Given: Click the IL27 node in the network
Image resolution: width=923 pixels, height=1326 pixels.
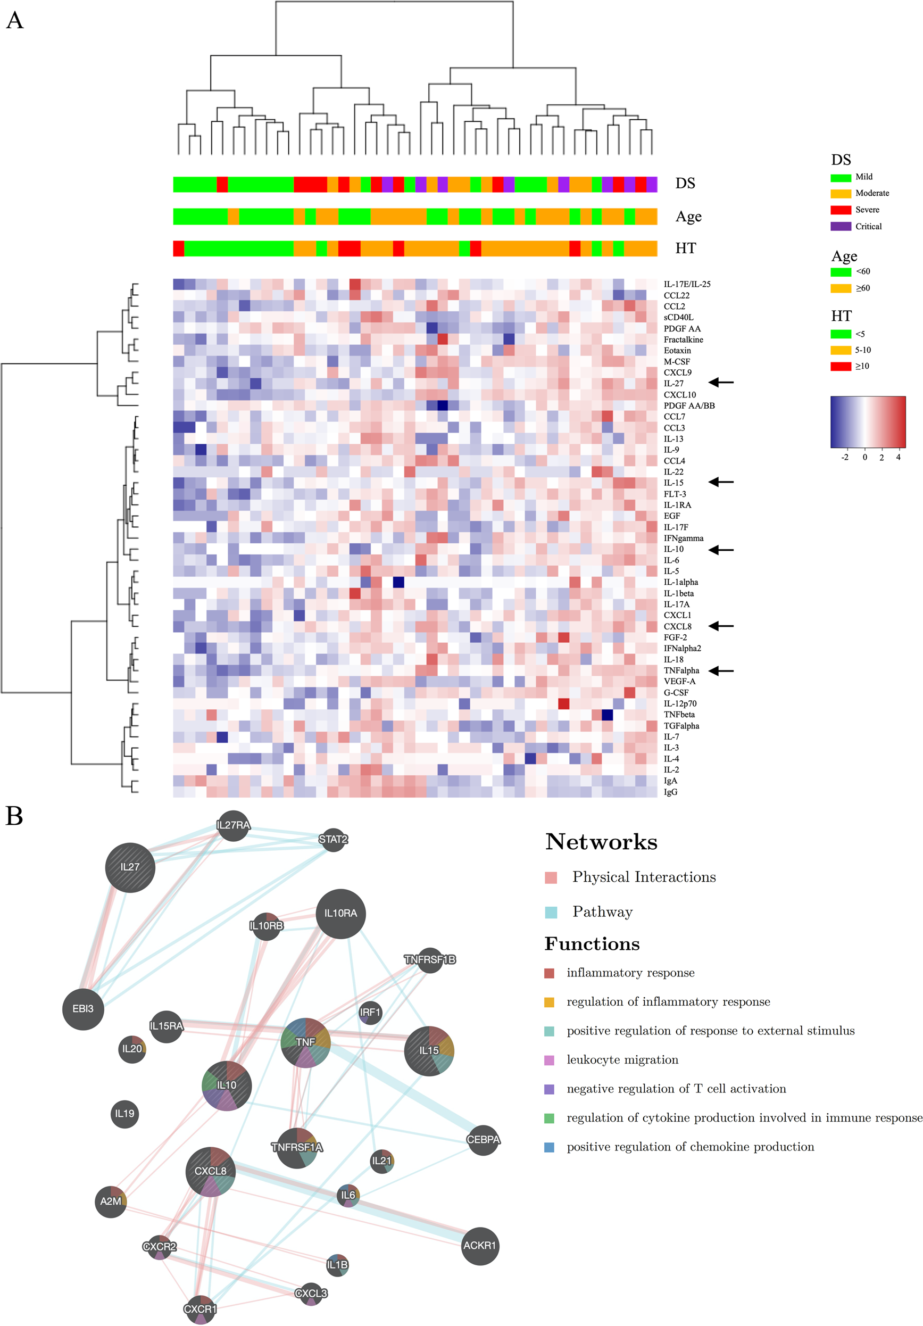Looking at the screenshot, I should (x=130, y=867).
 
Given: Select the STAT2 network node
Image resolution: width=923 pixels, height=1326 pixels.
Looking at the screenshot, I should (x=333, y=839).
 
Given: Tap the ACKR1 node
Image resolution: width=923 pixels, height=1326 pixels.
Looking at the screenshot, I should (x=479, y=1246).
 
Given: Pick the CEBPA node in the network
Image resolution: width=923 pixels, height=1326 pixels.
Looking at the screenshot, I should (x=483, y=1139).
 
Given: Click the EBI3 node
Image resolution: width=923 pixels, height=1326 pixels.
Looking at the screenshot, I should (x=82, y=1009).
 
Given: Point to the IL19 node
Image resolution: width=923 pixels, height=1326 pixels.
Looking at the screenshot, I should (x=124, y=1114).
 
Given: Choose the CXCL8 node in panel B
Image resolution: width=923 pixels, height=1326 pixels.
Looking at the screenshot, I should (x=211, y=1171).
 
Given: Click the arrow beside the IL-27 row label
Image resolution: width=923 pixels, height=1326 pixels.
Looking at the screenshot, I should (x=721, y=383).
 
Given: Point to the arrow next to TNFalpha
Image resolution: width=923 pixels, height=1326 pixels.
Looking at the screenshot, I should (x=721, y=670).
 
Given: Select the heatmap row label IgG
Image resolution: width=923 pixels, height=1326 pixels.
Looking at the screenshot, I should (x=670, y=792).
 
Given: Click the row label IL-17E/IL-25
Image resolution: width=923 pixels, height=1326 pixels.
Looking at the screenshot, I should (x=687, y=284).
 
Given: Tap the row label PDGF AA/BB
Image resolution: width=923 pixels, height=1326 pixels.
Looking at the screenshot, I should (x=688, y=405).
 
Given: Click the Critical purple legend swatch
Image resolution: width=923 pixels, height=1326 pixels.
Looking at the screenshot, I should (x=841, y=226).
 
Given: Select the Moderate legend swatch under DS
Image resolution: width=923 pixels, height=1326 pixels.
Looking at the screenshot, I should (x=841, y=194).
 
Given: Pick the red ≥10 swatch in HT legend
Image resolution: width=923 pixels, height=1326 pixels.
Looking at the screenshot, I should (x=841, y=366).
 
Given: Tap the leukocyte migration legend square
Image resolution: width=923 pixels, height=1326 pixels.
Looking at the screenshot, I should (x=549, y=1060).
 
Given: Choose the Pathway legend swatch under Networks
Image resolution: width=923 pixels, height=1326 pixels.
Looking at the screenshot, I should (x=551, y=913).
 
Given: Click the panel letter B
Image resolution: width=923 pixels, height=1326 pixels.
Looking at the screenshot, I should (x=14, y=816).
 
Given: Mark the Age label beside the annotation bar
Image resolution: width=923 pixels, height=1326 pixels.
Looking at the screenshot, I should (x=688, y=217).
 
